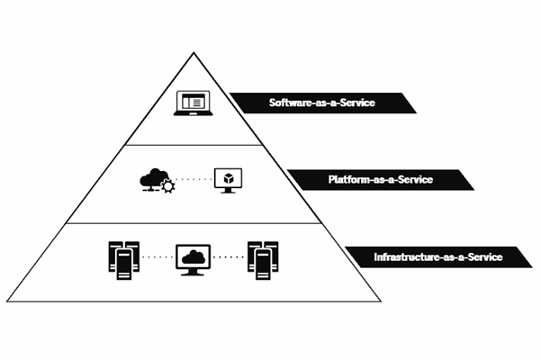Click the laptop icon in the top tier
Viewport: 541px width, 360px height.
coord(194,103)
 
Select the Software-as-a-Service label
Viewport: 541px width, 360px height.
coord(321,103)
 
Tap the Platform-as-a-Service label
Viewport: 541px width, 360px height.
coord(380,180)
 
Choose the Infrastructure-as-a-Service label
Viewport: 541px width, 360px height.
coord(437,257)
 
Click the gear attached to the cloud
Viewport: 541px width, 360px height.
coord(164,185)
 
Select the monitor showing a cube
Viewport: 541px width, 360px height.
coord(226,180)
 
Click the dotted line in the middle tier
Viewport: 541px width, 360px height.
coord(192,180)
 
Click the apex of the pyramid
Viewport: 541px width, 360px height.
coord(194,52)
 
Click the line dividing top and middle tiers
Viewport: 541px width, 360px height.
coord(194,143)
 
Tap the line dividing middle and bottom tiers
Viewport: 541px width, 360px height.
coord(194,222)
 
